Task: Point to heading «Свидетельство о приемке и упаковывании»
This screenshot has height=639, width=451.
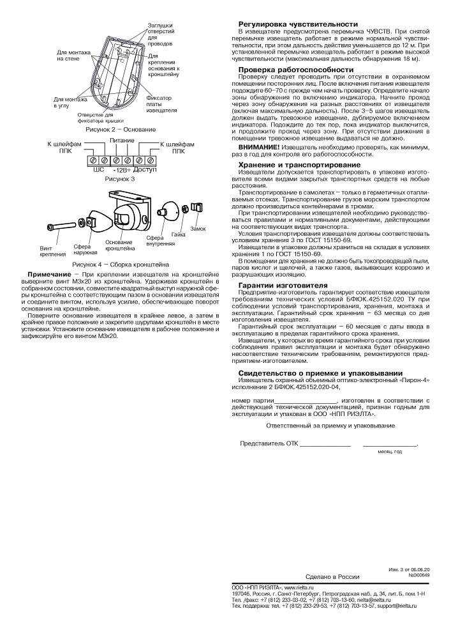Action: tap(311, 373)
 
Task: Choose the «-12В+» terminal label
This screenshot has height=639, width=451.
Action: tap(121, 170)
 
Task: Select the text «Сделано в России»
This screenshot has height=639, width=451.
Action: tap(333, 576)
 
